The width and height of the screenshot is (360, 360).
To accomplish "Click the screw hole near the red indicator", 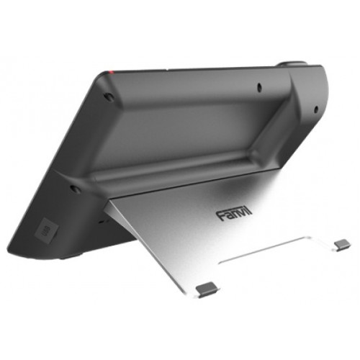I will (108, 96).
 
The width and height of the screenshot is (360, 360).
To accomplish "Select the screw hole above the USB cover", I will (75, 189).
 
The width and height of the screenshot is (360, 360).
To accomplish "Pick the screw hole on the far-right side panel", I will (315, 109).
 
